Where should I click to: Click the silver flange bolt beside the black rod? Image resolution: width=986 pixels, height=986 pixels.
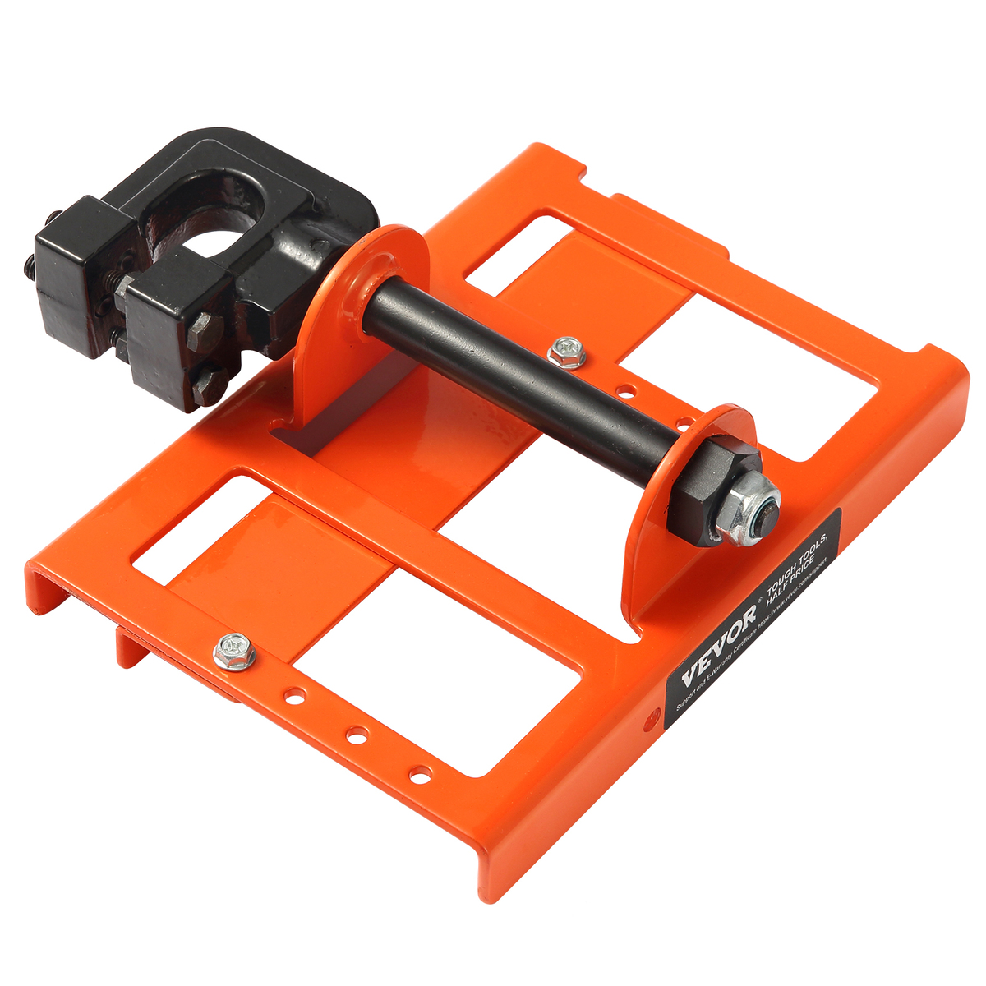pos(567,352)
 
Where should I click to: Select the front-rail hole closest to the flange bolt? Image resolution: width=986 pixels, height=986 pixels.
pos(291,696)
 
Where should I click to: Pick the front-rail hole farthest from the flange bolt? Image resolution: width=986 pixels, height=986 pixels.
pos(420,773)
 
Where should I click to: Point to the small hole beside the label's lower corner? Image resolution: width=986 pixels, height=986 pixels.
pos(655,715)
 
